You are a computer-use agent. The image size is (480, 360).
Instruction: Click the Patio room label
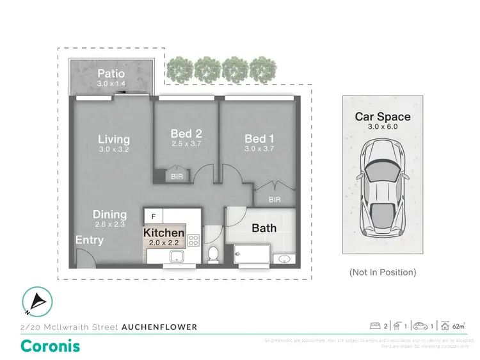[x=110, y=73]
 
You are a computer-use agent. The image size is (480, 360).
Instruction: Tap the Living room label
[x=114, y=139]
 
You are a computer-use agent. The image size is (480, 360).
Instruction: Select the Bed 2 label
[x=186, y=134]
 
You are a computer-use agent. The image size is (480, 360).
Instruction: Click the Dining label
[x=109, y=215]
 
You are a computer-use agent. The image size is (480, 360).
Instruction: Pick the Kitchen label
[x=164, y=233]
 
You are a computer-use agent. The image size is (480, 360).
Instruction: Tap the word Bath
[x=264, y=227]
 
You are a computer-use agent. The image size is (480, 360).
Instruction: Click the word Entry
[x=89, y=240]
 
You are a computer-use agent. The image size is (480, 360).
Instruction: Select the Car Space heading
[x=383, y=117]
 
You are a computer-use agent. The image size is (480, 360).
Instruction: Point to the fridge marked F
[x=154, y=216]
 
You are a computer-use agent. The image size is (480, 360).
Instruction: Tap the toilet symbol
[x=213, y=254]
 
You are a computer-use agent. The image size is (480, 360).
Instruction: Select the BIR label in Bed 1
[x=275, y=200]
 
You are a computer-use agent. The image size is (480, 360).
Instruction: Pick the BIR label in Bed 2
[x=175, y=176]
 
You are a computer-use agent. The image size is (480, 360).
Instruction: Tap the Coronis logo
[x=51, y=346]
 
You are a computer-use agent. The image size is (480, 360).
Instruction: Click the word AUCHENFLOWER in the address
[x=159, y=327]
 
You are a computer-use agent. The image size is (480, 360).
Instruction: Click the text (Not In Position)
[x=383, y=272]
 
